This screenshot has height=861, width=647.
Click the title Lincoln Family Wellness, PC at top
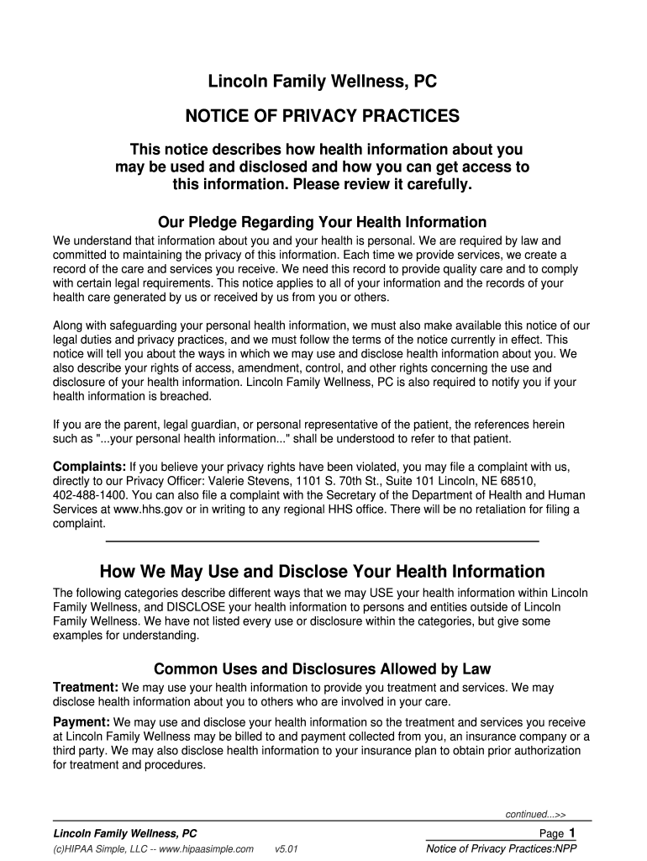[x=323, y=82]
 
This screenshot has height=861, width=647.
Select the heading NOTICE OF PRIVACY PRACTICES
[x=323, y=115]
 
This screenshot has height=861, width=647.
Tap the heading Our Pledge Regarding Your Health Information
[x=323, y=223]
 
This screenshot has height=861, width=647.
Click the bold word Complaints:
[x=90, y=467]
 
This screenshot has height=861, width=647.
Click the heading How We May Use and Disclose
[x=323, y=572]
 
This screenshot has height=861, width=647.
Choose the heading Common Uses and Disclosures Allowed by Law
[x=323, y=669]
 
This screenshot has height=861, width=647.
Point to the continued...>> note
[x=535, y=814]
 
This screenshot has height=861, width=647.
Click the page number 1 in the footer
[x=572, y=832]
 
